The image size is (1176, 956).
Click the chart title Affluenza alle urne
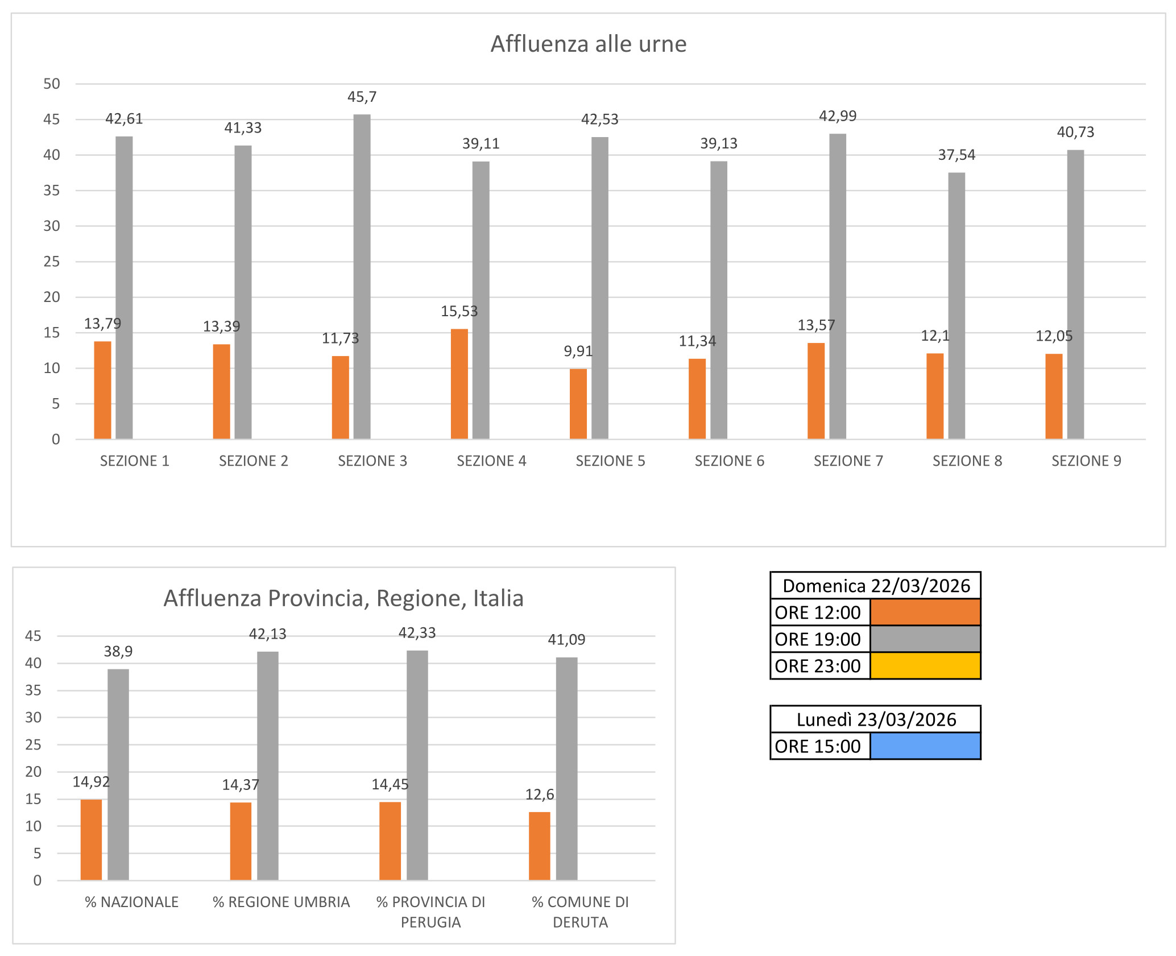coord(588,44)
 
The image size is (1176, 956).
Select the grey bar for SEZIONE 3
coord(362,276)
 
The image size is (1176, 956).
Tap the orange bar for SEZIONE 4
coord(459,384)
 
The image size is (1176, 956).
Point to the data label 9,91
coord(578,351)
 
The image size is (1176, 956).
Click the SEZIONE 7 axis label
coord(848,461)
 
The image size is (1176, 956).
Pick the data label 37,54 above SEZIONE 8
coord(956,155)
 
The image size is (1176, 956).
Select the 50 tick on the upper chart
coord(52,84)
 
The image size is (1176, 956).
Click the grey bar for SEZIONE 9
coord(1075,294)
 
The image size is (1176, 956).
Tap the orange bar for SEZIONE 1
coord(102,390)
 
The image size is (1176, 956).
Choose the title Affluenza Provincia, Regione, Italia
coord(343,598)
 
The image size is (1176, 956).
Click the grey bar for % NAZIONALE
coord(118,774)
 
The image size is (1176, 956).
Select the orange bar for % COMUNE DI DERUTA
coord(539,846)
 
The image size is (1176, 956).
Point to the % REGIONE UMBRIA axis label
coord(281,902)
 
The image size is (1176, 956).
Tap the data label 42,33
coord(417,633)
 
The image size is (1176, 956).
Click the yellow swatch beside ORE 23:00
coord(925,666)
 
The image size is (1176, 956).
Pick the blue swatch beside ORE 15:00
coord(925,746)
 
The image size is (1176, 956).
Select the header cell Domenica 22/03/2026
coord(875,586)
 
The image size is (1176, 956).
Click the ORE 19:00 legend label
coord(818,639)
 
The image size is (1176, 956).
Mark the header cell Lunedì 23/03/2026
coord(875,719)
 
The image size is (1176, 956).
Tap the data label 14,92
coord(91,782)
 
